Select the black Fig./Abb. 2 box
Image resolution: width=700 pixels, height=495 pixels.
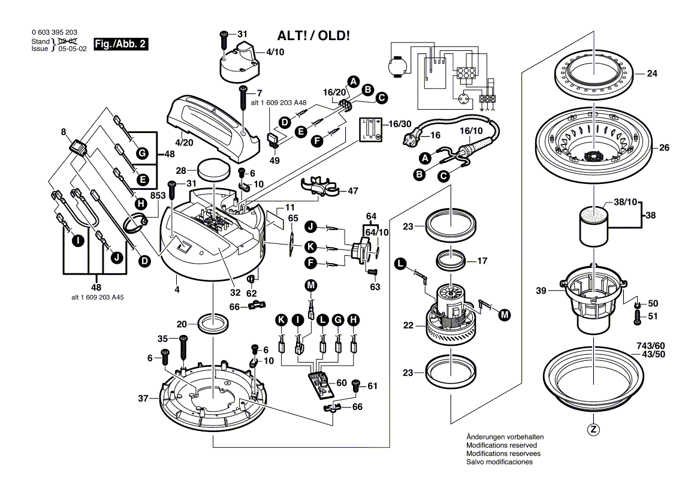pyautogui.click(x=122, y=44)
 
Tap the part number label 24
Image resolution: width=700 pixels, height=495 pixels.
pyautogui.click(x=652, y=74)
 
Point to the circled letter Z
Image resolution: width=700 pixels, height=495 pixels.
pyautogui.click(x=593, y=429)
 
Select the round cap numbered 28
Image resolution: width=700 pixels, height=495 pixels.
pyautogui.click(x=215, y=170)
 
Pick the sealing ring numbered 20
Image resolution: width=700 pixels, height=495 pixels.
pyautogui.click(x=214, y=324)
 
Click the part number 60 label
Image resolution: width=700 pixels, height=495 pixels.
pyautogui.click(x=341, y=382)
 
